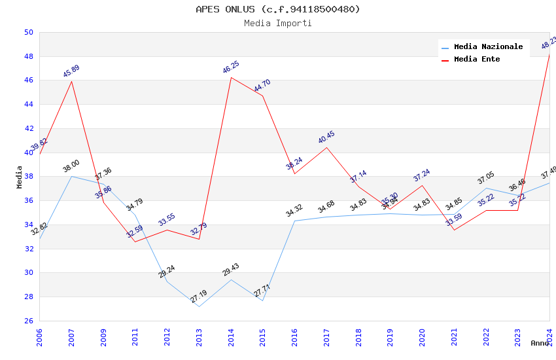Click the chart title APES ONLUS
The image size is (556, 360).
pyautogui.click(x=277, y=9)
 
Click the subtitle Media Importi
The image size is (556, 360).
pyautogui.click(x=277, y=24)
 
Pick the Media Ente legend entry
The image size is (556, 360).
pyautogui.click(x=476, y=60)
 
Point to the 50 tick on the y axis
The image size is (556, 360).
pyautogui.click(x=28, y=32)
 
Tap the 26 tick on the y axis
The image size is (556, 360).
pyautogui.click(x=28, y=321)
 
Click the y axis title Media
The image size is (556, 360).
pyautogui.click(x=20, y=177)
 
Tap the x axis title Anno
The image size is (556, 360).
pyautogui.click(x=540, y=343)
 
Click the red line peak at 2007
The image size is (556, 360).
pyautogui.click(x=71, y=81)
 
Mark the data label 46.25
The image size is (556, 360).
pyautogui.click(x=231, y=67)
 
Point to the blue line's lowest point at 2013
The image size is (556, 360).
pyautogui.click(x=199, y=306)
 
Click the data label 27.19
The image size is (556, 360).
pyautogui.click(x=199, y=297)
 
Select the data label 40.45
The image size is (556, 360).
pyautogui.click(x=326, y=137)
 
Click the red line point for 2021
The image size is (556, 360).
pyautogui.click(x=454, y=230)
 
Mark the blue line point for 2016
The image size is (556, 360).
pyautogui.click(x=294, y=221)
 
